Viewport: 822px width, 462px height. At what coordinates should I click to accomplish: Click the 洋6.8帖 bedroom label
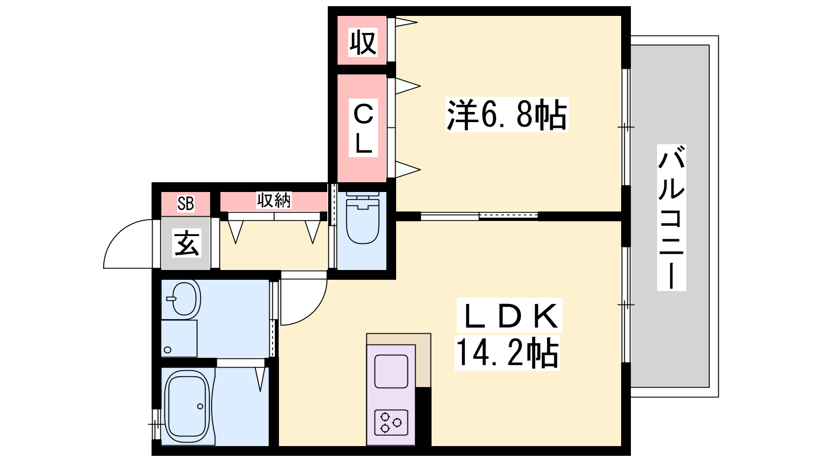(x=507, y=114)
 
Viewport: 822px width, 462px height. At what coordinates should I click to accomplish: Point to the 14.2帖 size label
(x=507, y=353)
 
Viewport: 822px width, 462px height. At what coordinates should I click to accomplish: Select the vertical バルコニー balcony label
(x=671, y=218)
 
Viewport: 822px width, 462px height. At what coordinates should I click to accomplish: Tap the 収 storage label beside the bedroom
(x=363, y=43)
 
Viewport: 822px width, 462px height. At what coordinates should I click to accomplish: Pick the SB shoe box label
(x=185, y=203)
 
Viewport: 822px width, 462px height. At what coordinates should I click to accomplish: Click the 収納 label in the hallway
(x=274, y=200)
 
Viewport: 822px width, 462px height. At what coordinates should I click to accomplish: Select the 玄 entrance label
(x=186, y=243)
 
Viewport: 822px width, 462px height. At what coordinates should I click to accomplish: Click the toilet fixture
(x=362, y=219)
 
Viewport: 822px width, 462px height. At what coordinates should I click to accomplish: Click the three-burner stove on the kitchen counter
(x=391, y=422)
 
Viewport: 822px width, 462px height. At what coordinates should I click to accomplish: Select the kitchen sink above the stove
(x=391, y=372)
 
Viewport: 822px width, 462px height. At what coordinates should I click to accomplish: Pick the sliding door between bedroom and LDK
(x=479, y=216)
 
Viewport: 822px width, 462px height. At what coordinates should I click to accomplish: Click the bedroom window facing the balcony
(x=626, y=127)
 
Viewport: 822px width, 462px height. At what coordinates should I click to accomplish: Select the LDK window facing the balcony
(x=626, y=304)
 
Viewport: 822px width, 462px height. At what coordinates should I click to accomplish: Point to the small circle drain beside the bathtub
(x=200, y=406)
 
